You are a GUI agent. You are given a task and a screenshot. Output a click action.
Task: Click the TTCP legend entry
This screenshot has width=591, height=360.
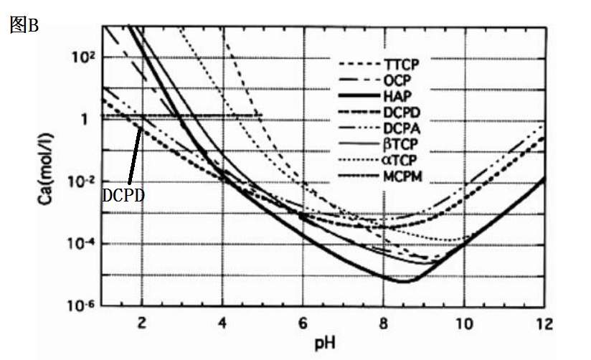point(402,64)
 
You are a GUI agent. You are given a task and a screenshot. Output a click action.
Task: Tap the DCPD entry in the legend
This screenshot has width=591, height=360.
point(402,112)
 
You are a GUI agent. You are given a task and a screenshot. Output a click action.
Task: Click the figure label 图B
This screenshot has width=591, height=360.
point(24,26)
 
